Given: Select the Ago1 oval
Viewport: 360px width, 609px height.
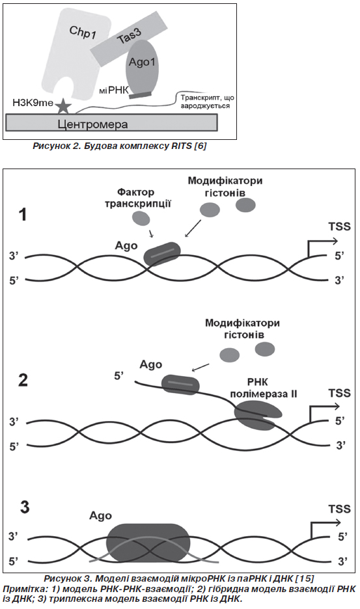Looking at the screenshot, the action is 143,66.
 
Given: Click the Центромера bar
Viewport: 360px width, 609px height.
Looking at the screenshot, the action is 111,123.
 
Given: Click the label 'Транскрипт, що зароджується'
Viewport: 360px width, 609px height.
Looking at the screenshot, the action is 207,101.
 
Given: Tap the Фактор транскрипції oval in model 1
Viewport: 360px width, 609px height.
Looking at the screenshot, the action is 141,218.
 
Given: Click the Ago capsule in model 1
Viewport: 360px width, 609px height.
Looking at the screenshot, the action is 162,254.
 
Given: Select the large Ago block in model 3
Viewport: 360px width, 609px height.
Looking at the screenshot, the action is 148,543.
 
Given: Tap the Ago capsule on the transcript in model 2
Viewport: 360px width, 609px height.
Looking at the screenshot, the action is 180,385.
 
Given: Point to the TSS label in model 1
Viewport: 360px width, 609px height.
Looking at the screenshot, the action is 339,226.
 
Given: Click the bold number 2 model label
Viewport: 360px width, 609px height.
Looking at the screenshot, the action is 23,380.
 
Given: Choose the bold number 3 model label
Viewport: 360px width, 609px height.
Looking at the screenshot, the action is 24,507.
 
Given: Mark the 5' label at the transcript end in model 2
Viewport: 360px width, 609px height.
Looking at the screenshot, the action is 119,376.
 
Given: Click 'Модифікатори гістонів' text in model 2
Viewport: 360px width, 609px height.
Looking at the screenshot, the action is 242,329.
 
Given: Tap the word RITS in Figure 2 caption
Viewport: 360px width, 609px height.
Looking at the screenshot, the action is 182,146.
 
